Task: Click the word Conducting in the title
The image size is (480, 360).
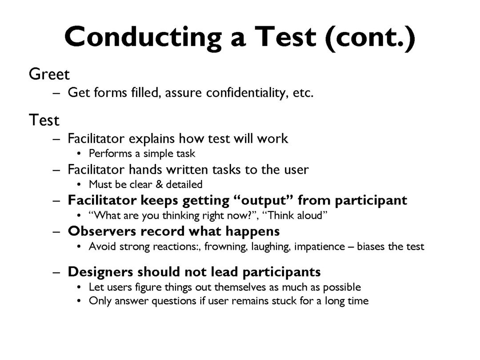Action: coord(143,37)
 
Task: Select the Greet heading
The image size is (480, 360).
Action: coord(49,74)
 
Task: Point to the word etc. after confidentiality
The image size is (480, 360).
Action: coord(303,93)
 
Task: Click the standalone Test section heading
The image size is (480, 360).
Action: coord(44,120)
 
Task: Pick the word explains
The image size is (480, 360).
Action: coord(152,139)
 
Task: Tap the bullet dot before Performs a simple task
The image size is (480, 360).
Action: coord(79,154)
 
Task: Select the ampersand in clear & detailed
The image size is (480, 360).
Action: coord(159,184)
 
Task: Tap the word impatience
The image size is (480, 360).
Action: coord(320,247)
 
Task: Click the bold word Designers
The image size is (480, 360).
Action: coord(100,272)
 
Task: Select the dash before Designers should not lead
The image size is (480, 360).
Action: coord(56,272)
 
